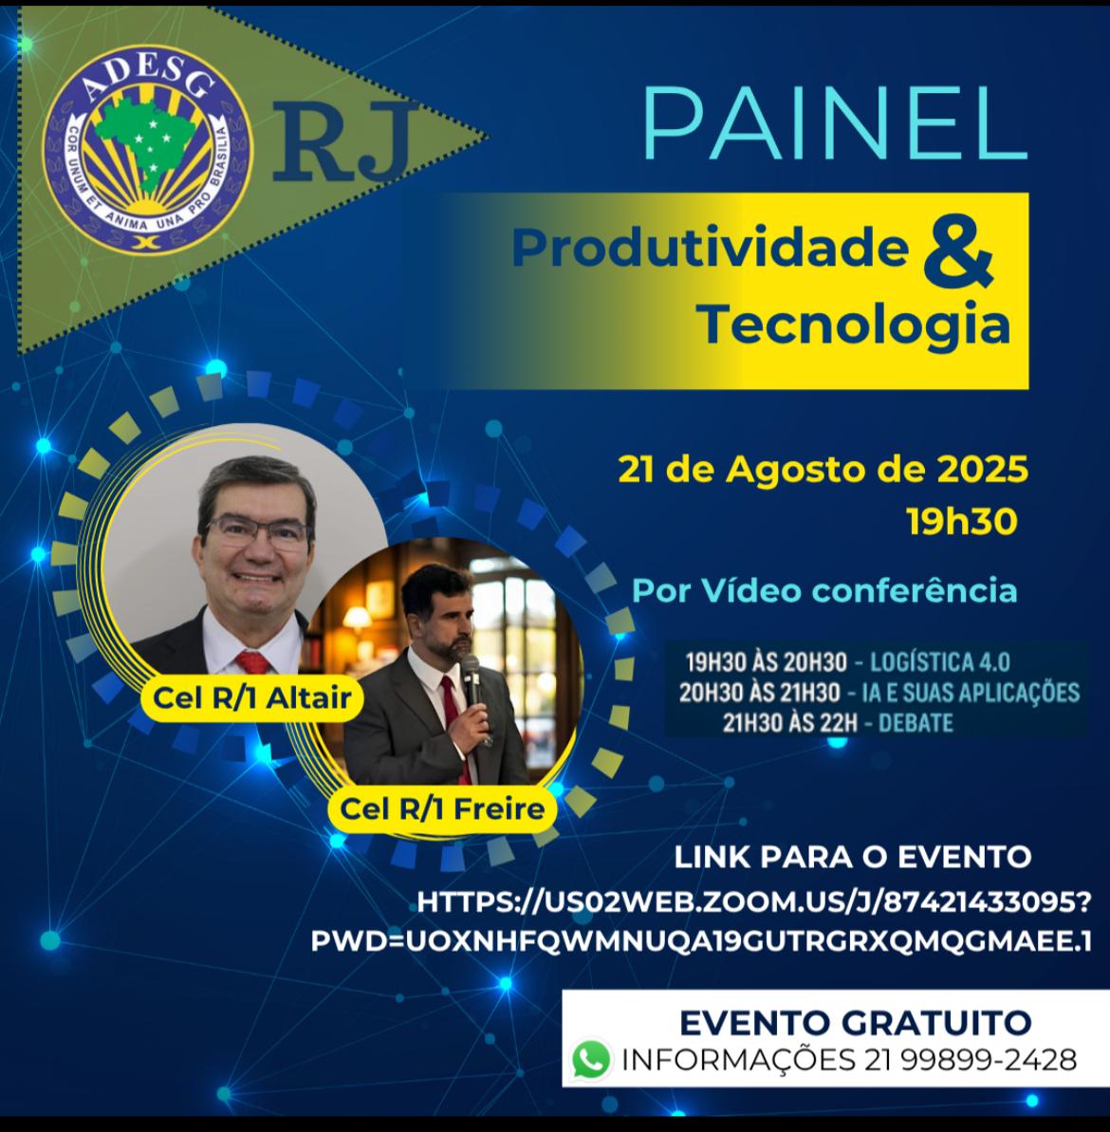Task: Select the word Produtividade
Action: [711, 248]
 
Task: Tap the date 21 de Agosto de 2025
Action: [823, 470]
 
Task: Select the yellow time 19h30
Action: [962, 521]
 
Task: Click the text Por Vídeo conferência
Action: [824, 590]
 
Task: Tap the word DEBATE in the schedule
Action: [916, 723]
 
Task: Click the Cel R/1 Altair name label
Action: [251, 698]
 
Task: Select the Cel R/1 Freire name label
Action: [442, 809]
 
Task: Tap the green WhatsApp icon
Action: [591, 1059]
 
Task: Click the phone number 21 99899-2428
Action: [968, 1060]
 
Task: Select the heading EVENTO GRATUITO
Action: [855, 1022]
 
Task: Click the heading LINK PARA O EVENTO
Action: [852, 858]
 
